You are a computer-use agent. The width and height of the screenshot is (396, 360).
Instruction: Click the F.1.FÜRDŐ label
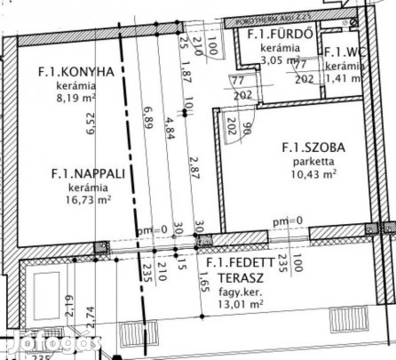(x=279, y=35)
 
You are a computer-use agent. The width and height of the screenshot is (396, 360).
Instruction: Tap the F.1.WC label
(x=343, y=52)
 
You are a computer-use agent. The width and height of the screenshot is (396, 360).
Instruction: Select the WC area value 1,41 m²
(x=343, y=77)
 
